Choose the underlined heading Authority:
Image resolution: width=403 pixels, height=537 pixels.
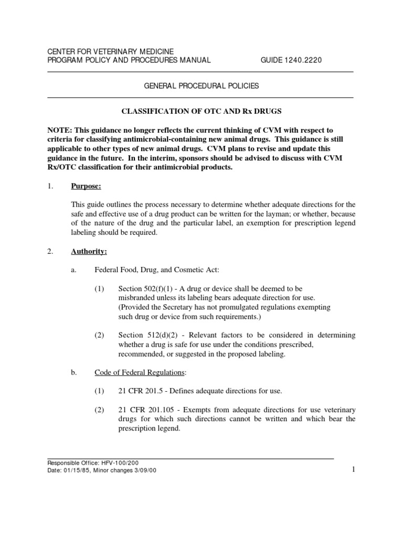tap(89, 252)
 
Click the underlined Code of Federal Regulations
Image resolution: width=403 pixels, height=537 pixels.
tap(140, 372)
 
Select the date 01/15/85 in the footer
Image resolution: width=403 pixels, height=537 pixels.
tap(76, 470)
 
